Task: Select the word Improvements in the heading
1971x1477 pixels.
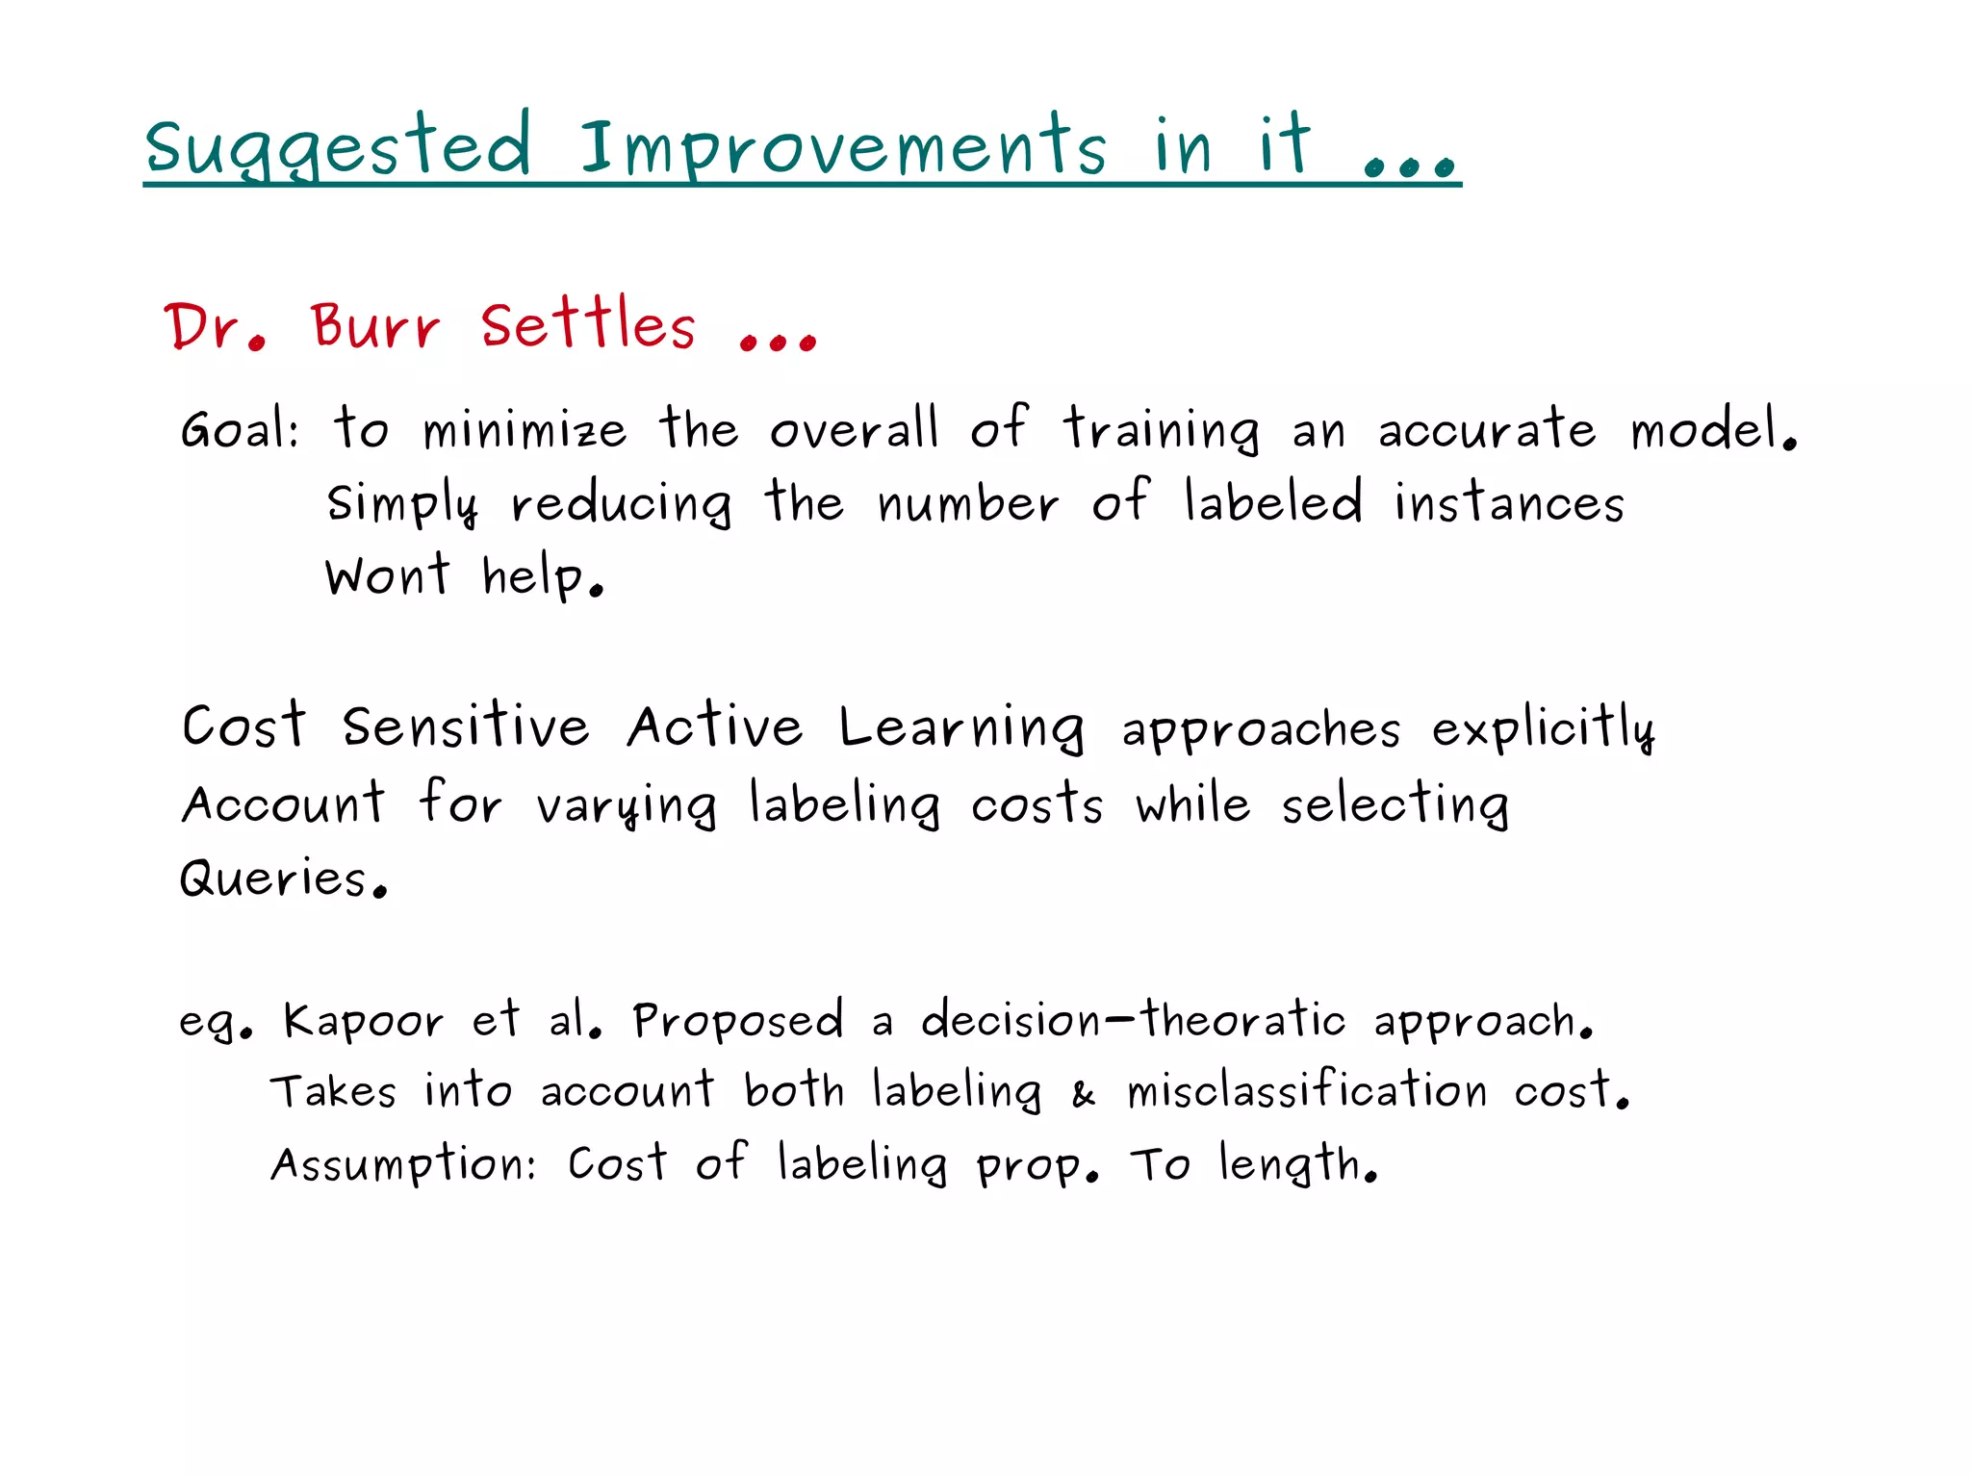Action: (843, 147)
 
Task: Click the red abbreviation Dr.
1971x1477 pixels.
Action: (215, 326)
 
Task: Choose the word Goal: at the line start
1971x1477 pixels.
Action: (241, 429)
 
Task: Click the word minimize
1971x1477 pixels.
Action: (525, 429)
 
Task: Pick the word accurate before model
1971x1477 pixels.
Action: (1487, 429)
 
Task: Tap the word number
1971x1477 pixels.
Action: (968, 503)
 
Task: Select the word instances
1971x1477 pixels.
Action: (1509, 503)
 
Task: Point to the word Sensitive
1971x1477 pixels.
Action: (466, 726)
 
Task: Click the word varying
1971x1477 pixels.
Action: (627, 805)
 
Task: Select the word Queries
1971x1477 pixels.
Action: (282, 878)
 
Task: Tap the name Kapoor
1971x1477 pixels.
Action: (363, 1021)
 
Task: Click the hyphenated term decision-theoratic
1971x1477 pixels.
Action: (1133, 1019)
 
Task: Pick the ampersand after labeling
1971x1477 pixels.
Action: (1084, 1094)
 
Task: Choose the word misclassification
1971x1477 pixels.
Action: (1307, 1091)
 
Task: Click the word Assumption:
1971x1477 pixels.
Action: (403, 1165)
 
